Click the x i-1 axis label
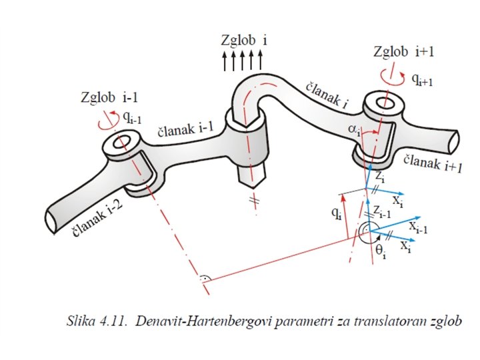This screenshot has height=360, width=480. [x=419, y=230]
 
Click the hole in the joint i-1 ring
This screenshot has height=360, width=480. [x=122, y=143]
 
